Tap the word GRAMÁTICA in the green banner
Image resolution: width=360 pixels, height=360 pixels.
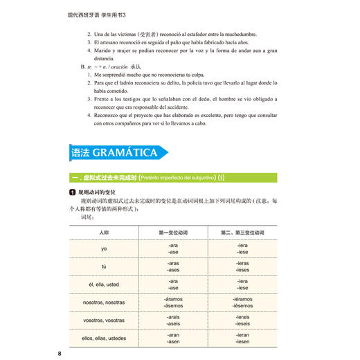[x=125, y=153]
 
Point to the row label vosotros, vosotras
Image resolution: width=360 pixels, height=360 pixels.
[x=104, y=321]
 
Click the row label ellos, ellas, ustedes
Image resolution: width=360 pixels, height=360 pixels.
[x=104, y=339]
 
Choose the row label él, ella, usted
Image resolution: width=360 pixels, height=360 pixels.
[x=104, y=285]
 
